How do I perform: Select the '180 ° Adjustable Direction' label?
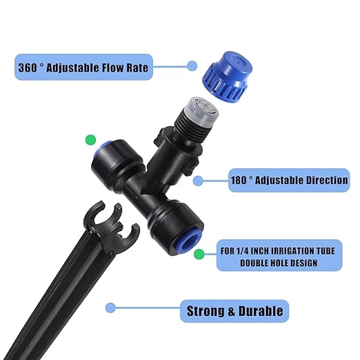click(289, 180)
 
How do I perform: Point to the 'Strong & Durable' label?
click(234, 310)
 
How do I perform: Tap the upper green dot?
click(90, 140)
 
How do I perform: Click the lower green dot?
click(199, 254)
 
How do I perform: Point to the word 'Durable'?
click(259, 310)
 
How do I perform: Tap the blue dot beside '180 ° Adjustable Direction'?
click(198, 181)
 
